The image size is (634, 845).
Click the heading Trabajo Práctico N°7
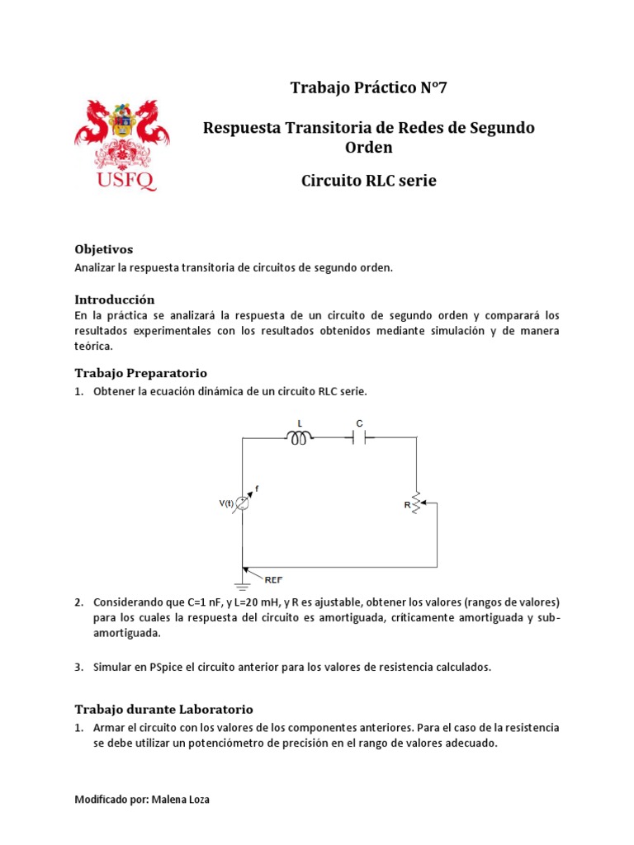pos(368,88)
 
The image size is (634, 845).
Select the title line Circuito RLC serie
pos(368,181)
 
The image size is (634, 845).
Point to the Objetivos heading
pos(103,249)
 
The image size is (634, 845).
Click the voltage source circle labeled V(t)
pos(243,503)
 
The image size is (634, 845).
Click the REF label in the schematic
pos(274,580)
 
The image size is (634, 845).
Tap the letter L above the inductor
pos(299,422)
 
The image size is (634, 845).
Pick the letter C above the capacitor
pos(359,422)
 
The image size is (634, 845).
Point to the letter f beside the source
pos(257,489)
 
